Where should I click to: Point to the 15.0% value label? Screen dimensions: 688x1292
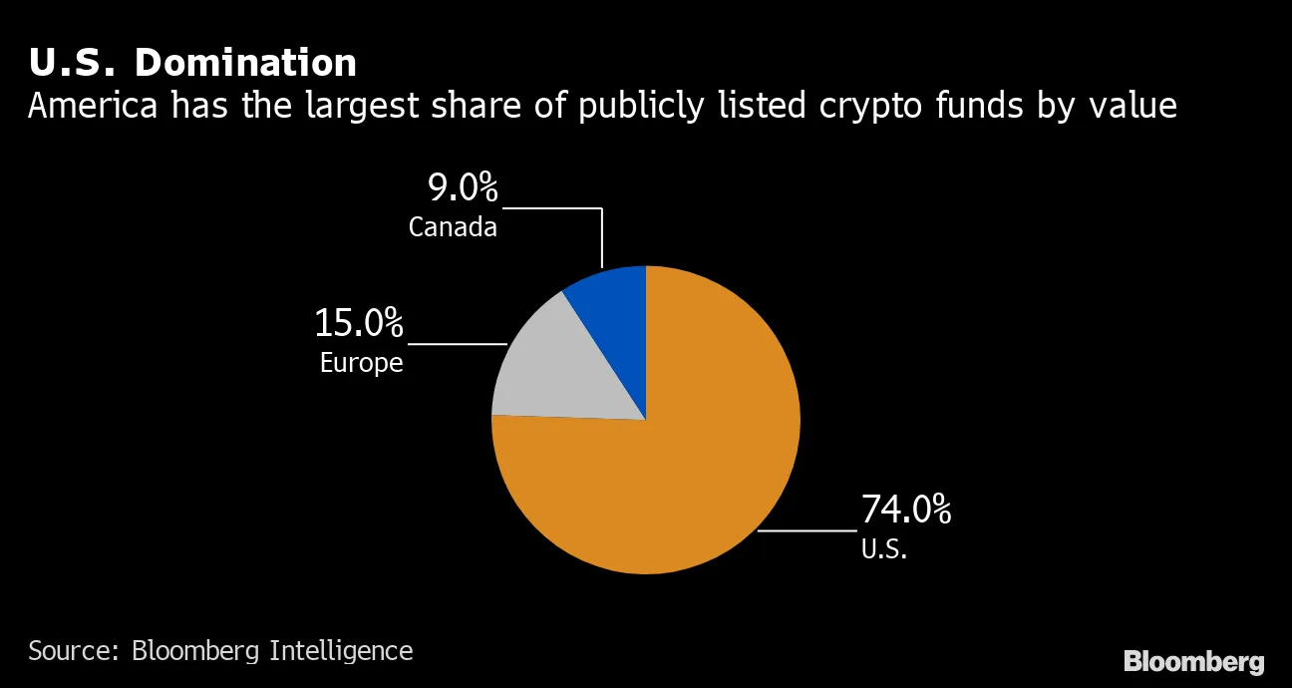click(359, 323)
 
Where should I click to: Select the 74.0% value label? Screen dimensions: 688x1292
click(905, 510)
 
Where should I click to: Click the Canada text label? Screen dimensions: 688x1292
click(453, 227)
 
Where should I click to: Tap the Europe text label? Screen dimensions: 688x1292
click(361, 363)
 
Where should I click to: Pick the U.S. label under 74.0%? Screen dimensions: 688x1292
click(883, 548)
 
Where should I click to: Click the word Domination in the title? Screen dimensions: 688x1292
click(245, 63)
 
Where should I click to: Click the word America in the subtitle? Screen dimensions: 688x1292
click(93, 105)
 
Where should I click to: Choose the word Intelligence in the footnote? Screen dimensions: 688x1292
click(341, 651)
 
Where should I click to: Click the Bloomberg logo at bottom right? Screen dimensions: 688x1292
click(1193, 661)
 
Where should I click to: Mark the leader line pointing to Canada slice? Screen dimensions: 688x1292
click(602, 234)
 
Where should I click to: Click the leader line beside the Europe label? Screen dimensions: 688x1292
click(459, 344)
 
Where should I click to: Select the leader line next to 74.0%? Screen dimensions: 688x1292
click(807, 530)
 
